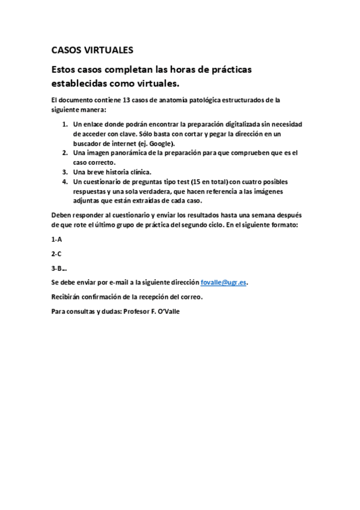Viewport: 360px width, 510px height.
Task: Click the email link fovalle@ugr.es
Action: [x=225, y=282]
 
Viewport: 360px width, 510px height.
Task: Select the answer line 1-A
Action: [x=56, y=239]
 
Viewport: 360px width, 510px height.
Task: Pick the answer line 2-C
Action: [x=56, y=253]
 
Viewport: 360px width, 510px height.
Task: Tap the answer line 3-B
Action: [x=58, y=268]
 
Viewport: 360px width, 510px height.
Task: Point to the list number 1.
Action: [x=66, y=124]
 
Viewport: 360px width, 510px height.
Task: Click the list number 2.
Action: [x=66, y=153]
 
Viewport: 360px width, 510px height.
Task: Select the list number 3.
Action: [x=66, y=172]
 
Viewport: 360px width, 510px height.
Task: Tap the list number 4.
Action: [x=66, y=182]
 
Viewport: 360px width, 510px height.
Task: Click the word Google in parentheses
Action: [x=161, y=143]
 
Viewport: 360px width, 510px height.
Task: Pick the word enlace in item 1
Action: [x=92, y=124]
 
